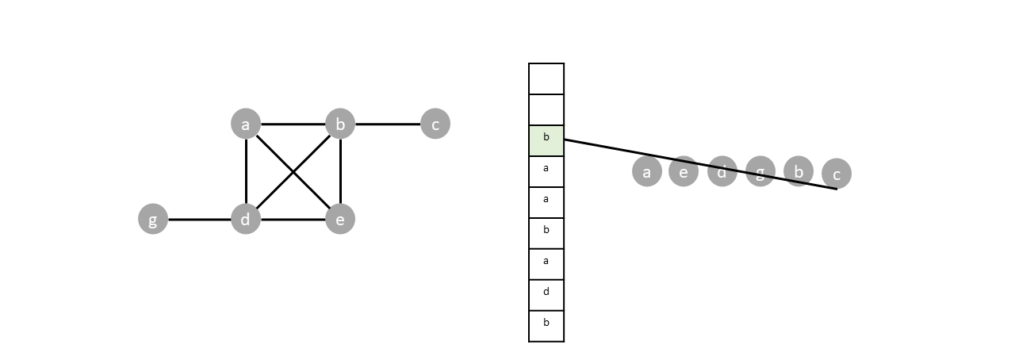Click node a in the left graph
pyautogui.click(x=246, y=124)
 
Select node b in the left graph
pyautogui.click(x=340, y=124)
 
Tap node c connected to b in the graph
pyautogui.click(x=435, y=124)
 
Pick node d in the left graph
pyautogui.click(x=246, y=220)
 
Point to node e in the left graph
pyautogui.click(x=340, y=220)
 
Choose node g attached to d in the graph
pyautogui.click(x=153, y=220)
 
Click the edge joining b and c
pyautogui.click(x=388, y=124)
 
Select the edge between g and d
pyautogui.click(x=199, y=220)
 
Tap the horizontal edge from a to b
pyautogui.click(x=293, y=124)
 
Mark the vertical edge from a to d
pyautogui.click(x=246, y=172)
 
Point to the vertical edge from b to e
pyautogui.click(x=340, y=172)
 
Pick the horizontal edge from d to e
pyautogui.click(x=293, y=220)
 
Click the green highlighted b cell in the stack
pyautogui.click(x=546, y=140)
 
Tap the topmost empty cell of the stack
pyautogui.click(x=546, y=79)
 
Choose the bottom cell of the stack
pyautogui.click(x=546, y=326)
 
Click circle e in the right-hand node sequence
pyautogui.click(x=684, y=171)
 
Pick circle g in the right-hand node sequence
pyautogui.click(x=760, y=171)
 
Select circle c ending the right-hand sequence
pyautogui.click(x=837, y=174)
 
